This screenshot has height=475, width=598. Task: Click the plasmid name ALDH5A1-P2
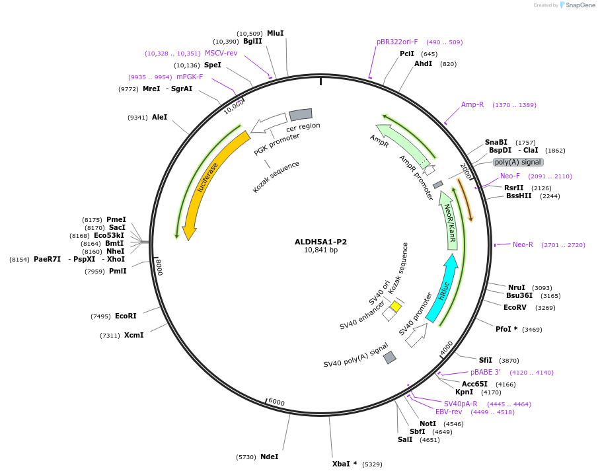click(x=320, y=242)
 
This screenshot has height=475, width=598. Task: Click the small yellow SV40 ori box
click(x=396, y=307)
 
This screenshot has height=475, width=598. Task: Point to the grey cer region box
click(x=301, y=114)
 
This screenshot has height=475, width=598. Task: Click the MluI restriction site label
click(x=276, y=33)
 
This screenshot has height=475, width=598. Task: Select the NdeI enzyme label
click(x=269, y=457)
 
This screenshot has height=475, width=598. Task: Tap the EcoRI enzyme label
click(x=126, y=316)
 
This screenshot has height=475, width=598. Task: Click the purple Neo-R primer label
click(x=523, y=244)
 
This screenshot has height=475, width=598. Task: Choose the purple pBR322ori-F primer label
click(x=397, y=42)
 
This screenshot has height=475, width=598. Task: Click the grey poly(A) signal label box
click(x=518, y=162)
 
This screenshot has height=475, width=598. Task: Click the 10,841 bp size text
click(x=320, y=250)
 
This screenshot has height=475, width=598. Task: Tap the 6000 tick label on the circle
click(x=276, y=402)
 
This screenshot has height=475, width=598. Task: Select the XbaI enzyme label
click(x=341, y=464)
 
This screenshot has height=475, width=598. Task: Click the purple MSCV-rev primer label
click(x=221, y=53)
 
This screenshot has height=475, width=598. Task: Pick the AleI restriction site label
click(x=159, y=117)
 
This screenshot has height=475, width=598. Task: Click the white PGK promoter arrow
click(x=268, y=122)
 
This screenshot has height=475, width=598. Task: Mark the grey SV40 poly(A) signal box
click(x=390, y=357)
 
